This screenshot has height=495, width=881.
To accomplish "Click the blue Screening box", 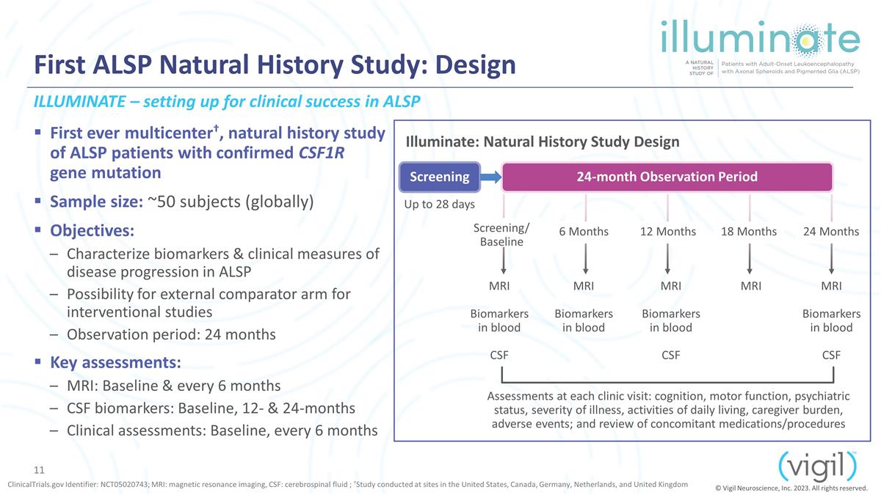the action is pyautogui.click(x=440, y=177).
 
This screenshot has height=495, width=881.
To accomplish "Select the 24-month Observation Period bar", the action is pyautogui.click(x=667, y=177).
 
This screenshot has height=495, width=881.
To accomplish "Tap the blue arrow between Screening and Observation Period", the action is pyautogui.click(x=491, y=177).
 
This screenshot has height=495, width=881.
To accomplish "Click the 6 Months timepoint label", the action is pyautogui.click(x=584, y=232).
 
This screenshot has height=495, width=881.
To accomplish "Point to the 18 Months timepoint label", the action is pyautogui.click(x=749, y=232).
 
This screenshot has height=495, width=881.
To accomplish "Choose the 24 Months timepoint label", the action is pyautogui.click(x=831, y=232).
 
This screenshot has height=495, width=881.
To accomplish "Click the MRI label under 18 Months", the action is pyautogui.click(x=751, y=286).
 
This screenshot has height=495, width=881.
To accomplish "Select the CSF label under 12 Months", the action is pyautogui.click(x=670, y=355).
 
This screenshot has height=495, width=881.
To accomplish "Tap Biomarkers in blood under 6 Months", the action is pyautogui.click(x=584, y=320).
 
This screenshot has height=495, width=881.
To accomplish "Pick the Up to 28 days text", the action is pyautogui.click(x=439, y=205).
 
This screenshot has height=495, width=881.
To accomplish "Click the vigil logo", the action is pyautogui.click(x=817, y=468).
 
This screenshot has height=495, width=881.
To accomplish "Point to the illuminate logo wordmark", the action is pyautogui.click(x=761, y=37).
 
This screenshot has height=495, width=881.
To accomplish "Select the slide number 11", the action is pyautogui.click(x=39, y=470).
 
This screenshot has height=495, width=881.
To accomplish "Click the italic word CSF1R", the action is pyautogui.click(x=322, y=153).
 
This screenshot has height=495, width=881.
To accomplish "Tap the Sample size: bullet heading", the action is pyautogui.click(x=96, y=202).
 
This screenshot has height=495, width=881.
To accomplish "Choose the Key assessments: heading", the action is pyautogui.click(x=116, y=362).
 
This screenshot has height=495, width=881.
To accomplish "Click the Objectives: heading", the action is pyautogui.click(x=92, y=230).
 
